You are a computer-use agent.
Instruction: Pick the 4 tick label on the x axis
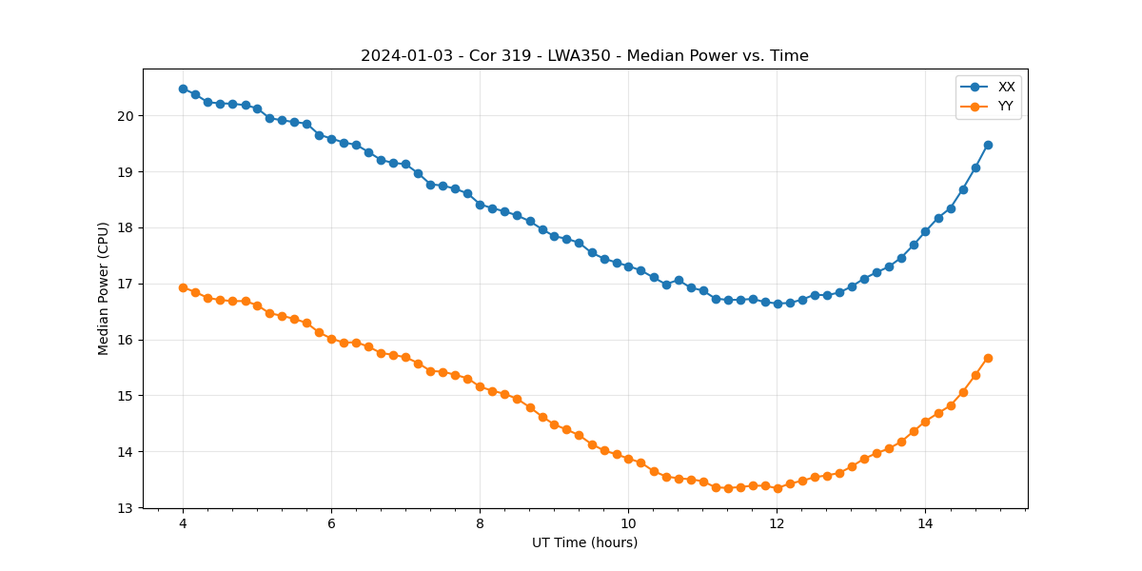(x=183, y=523)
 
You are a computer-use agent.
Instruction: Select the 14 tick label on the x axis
(x=925, y=523)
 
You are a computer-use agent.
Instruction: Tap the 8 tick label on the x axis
(x=480, y=523)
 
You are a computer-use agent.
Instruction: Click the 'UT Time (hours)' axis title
(x=584, y=542)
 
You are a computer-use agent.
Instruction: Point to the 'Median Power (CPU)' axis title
(x=104, y=288)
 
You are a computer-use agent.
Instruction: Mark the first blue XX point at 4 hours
(x=183, y=89)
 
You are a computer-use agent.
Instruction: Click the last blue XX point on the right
(x=988, y=145)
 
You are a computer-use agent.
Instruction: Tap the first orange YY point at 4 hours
(x=183, y=287)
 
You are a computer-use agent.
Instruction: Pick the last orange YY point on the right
(x=988, y=358)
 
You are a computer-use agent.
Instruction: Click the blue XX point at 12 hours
(x=778, y=304)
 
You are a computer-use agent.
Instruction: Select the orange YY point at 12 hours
(x=778, y=488)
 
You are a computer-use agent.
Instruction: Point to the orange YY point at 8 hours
(x=480, y=386)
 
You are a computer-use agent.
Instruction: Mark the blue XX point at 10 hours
(x=628, y=266)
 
